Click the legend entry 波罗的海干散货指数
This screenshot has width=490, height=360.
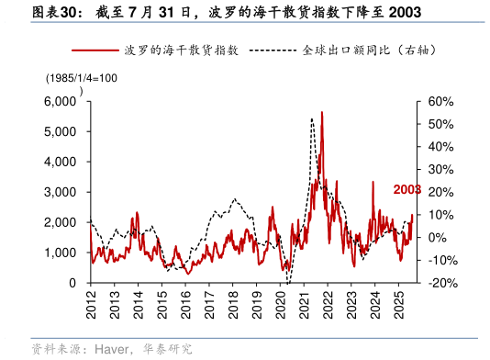tap(179, 51)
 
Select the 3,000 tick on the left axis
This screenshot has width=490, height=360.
tap(61, 192)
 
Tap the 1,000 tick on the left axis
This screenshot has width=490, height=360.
tap(61, 253)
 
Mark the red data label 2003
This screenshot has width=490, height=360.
tap(406, 189)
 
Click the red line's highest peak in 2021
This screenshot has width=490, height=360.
tap(321, 113)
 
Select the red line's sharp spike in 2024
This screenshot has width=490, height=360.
tap(373, 182)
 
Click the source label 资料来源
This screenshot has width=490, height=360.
tap(51, 349)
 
